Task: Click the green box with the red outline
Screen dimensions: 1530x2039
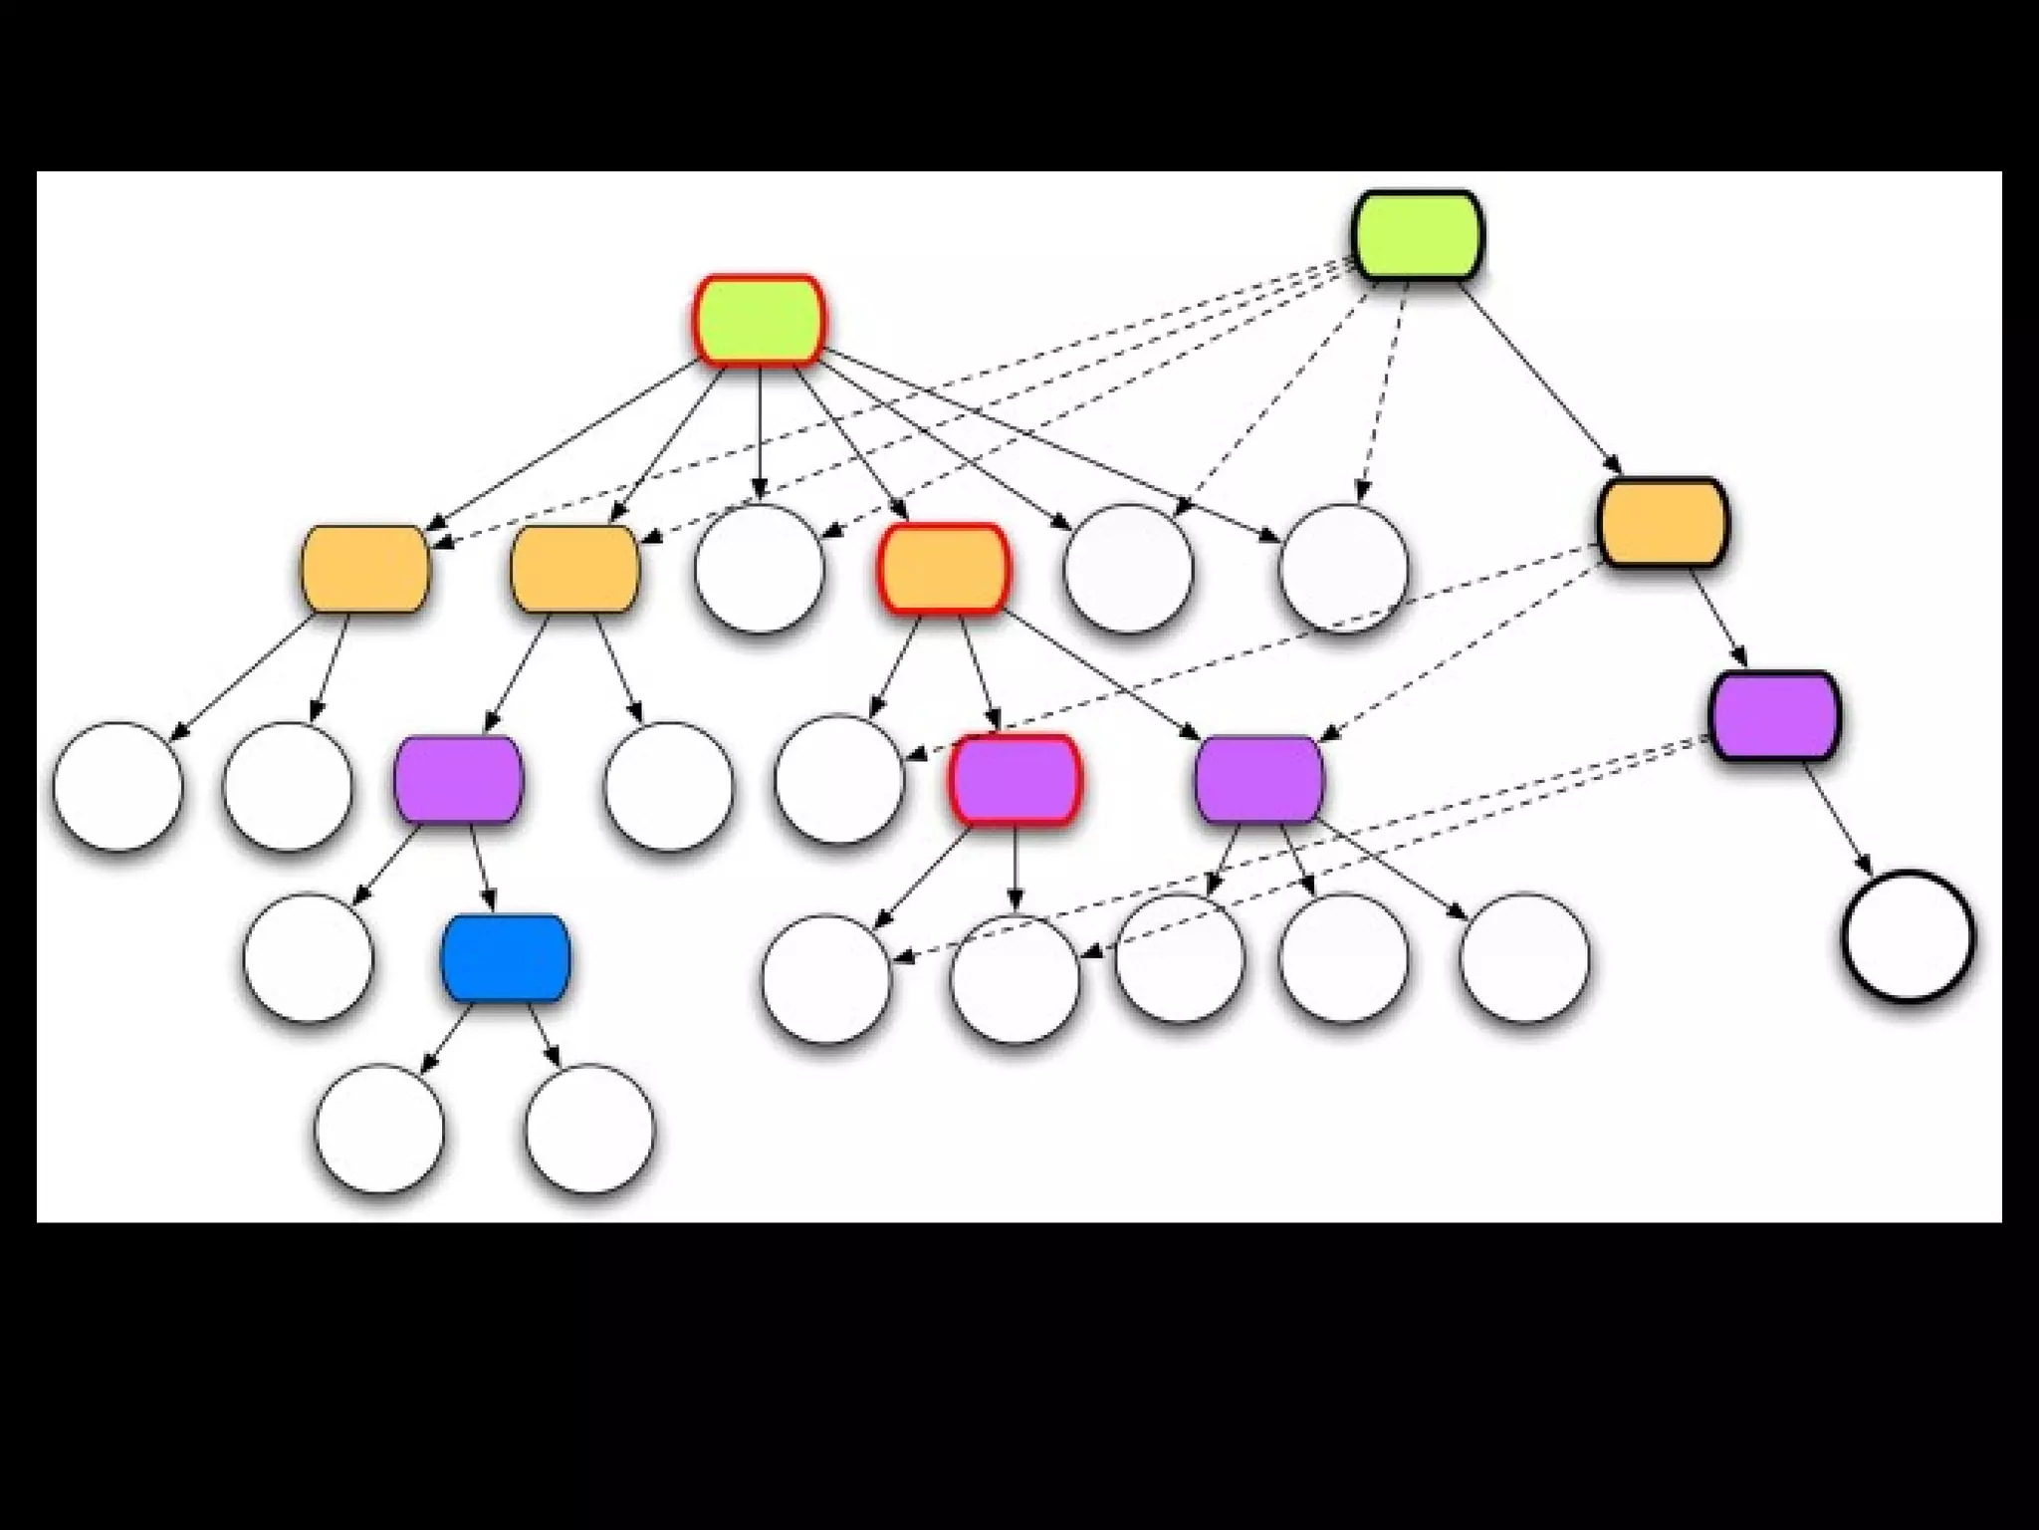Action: (x=760, y=321)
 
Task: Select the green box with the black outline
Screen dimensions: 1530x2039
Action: (x=1419, y=235)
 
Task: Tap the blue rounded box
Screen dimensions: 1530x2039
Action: (x=506, y=958)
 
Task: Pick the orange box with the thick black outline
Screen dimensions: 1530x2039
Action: (x=1663, y=523)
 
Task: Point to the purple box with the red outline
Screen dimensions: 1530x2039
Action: (x=1015, y=779)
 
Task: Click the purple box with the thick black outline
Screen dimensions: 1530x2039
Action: (x=1774, y=715)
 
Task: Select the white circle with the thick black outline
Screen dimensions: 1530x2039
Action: (x=1908, y=936)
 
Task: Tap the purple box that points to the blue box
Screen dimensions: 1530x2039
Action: (x=458, y=779)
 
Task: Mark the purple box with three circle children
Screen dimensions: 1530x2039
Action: (x=1259, y=779)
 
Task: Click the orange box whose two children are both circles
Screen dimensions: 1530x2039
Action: (x=365, y=569)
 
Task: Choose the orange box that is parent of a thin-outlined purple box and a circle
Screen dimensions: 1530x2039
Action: (x=574, y=569)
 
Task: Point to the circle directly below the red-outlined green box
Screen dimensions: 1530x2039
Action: (x=760, y=569)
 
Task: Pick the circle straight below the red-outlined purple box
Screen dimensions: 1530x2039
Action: (x=1015, y=978)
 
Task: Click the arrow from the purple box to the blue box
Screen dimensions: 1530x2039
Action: (x=483, y=867)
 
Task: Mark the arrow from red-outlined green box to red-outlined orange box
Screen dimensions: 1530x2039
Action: (x=849, y=442)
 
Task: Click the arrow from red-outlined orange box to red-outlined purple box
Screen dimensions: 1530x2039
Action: (x=979, y=673)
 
